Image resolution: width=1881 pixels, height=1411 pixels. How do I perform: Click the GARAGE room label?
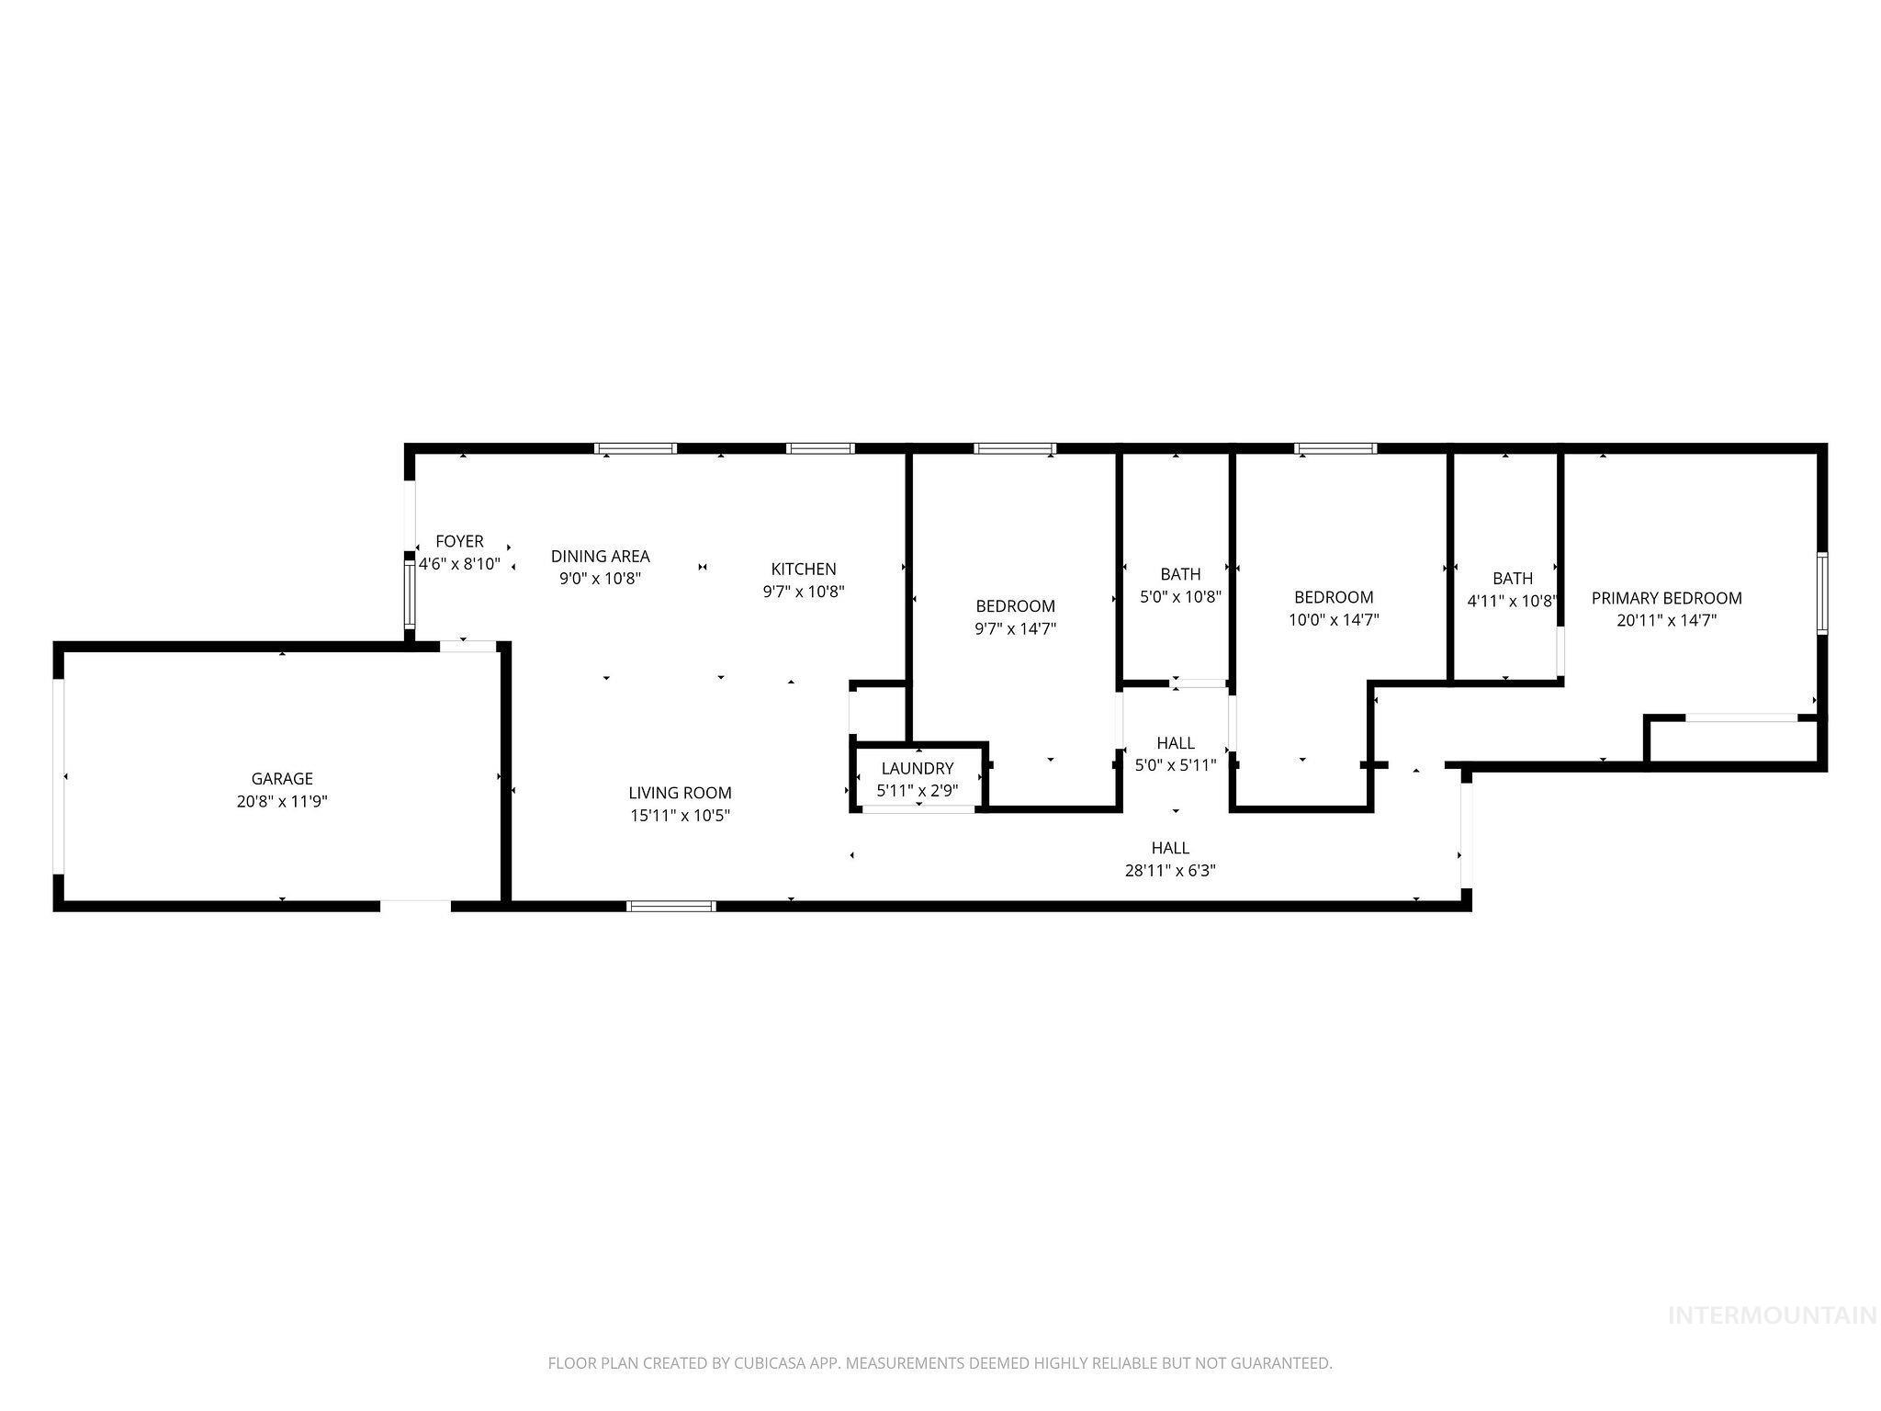click(282, 779)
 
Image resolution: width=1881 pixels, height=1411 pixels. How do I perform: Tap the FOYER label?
click(459, 542)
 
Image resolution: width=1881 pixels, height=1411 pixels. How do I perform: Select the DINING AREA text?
click(600, 556)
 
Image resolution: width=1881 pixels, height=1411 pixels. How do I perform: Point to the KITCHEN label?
click(804, 570)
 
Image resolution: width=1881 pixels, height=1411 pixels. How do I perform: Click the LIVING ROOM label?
click(680, 793)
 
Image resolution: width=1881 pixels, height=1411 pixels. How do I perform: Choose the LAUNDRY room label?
click(918, 769)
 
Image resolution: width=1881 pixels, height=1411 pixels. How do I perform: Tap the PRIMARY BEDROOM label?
click(1666, 598)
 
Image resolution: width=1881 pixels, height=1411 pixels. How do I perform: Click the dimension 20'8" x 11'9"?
click(282, 802)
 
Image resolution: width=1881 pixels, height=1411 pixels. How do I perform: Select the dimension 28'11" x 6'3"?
click(1170, 871)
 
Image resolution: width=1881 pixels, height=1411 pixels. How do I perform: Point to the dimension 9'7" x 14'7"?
click(1015, 629)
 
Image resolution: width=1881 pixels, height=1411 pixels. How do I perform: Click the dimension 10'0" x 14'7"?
click(1334, 620)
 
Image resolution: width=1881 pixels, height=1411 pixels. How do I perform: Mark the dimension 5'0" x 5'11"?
click(1176, 765)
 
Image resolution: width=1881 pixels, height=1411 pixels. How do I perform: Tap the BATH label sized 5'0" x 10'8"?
click(1180, 574)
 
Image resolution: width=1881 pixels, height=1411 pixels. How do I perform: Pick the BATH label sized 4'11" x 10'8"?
click(1512, 579)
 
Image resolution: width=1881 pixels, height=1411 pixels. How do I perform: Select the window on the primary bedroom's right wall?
click(1822, 593)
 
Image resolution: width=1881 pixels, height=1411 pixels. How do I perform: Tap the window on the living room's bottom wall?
click(670, 906)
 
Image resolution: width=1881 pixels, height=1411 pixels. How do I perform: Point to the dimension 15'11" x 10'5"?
click(680, 816)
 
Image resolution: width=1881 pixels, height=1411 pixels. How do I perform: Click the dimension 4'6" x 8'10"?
click(459, 564)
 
